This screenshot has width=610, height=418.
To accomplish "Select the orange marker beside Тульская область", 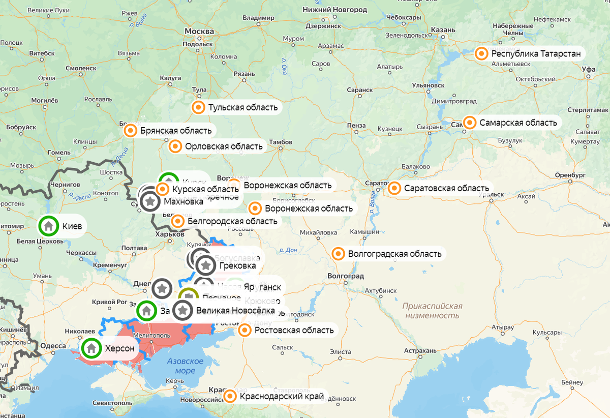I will click(x=198, y=107).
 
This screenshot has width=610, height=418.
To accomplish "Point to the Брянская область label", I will click(x=175, y=131).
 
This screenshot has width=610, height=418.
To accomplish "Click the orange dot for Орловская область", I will click(x=175, y=146).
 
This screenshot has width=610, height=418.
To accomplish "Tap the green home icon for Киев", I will click(x=48, y=226).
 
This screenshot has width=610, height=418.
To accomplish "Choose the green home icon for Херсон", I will click(x=91, y=348).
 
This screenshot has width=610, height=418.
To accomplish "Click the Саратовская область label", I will click(x=446, y=189).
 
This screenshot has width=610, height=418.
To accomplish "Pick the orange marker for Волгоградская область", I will click(x=338, y=253).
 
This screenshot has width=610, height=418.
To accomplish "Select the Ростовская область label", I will click(x=294, y=330).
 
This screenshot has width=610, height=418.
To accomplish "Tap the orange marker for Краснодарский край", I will click(x=230, y=397).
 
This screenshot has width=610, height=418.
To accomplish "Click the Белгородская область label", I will click(x=232, y=221).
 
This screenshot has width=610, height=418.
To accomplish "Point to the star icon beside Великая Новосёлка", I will click(x=183, y=310).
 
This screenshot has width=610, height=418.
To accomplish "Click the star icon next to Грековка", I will click(x=206, y=265).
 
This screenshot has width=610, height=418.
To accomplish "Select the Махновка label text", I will click(x=184, y=201).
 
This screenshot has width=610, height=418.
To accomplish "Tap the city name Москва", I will click(x=199, y=31).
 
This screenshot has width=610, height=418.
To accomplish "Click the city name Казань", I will click(x=443, y=30).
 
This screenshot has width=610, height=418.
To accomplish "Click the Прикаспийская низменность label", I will click(x=432, y=310).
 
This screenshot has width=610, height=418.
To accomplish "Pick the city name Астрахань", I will click(x=420, y=351).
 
